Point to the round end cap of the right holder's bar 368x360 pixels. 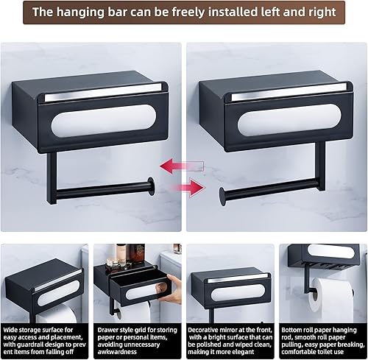pos(221,197)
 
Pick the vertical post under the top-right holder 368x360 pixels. pos(320,169)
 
